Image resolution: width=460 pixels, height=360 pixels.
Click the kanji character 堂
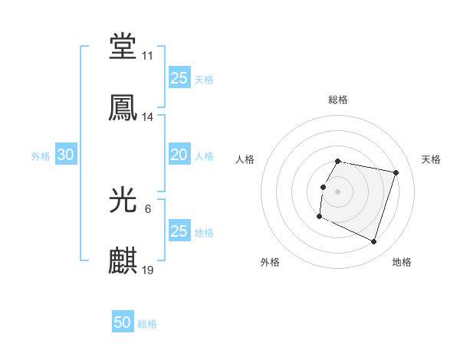tap(123, 46)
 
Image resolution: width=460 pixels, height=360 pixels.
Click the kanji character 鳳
tap(123, 107)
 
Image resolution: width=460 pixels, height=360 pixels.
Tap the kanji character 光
tap(123, 201)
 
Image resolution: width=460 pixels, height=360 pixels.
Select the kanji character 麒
tap(123, 260)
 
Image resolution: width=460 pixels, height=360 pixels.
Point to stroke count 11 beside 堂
tap(148, 56)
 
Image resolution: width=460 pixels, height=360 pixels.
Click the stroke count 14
tap(148, 117)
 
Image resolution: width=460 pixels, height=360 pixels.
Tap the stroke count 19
tap(148, 270)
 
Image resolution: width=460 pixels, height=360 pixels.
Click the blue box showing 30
tap(66, 155)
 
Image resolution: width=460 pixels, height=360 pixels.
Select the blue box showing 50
tap(123, 322)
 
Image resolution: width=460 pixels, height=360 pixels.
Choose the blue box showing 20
tap(179, 155)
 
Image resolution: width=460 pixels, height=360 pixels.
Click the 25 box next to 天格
tap(179, 77)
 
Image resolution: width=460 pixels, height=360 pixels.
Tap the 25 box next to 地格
tap(179, 231)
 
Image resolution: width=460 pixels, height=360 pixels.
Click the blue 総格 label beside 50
tap(148, 324)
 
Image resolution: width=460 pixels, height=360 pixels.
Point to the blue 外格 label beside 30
tap(41, 156)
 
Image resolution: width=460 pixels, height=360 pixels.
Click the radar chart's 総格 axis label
tap(338, 100)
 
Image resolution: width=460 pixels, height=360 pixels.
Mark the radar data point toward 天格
tap(396, 173)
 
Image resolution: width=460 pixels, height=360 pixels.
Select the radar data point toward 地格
tap(373, 241)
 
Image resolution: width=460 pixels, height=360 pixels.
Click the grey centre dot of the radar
tap(338, 191)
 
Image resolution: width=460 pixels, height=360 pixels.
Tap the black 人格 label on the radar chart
tap(245, 159)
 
